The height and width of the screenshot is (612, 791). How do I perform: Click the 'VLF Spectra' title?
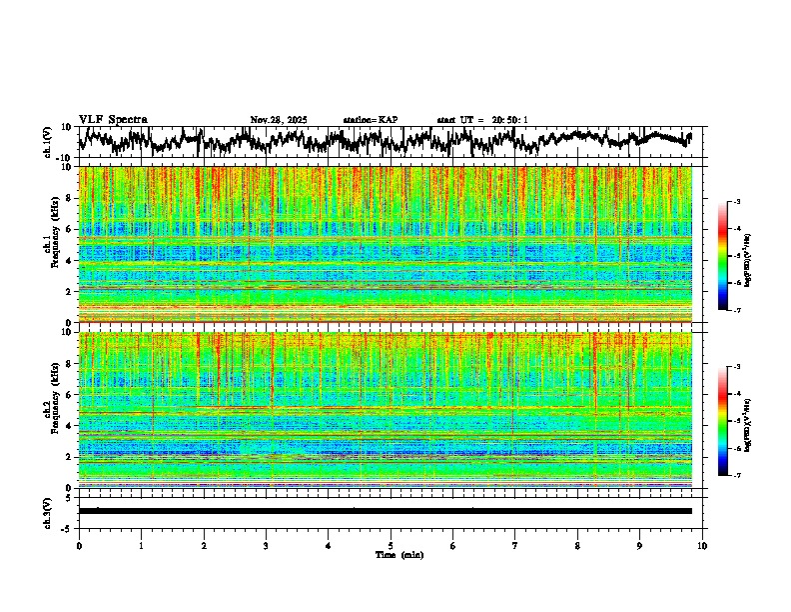click(x=113, y=120)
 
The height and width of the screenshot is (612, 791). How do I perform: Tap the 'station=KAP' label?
click(x=371, y=120)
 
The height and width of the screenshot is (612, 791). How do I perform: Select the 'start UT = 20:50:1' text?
click(x=482, y=120)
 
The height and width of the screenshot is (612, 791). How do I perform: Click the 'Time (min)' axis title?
click(x=391, y=554)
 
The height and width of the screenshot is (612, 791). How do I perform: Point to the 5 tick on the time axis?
click(x=391, y=545)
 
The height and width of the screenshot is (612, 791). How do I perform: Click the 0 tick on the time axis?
click(x=79, y=545)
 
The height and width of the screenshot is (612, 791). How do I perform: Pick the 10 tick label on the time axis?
click(x=702, y=545)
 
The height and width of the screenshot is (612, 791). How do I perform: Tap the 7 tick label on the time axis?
click(x=515, y=545)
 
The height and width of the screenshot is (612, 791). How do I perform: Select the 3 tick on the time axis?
click(x=266, y=545)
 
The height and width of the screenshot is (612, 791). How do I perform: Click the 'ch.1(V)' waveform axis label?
click(x=48, y=142)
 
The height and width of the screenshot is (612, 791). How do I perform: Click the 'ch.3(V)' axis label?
click(x=48, y=511)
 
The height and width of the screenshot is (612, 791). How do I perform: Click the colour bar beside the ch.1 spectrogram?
click(x=723, y=256)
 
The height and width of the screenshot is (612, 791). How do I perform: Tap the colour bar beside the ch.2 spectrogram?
click(x=723, y=421)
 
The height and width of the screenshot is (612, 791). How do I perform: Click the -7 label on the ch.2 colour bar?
click(x=736, y=475)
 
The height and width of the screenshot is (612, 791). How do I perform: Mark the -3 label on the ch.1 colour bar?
click(x=736, y=202)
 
